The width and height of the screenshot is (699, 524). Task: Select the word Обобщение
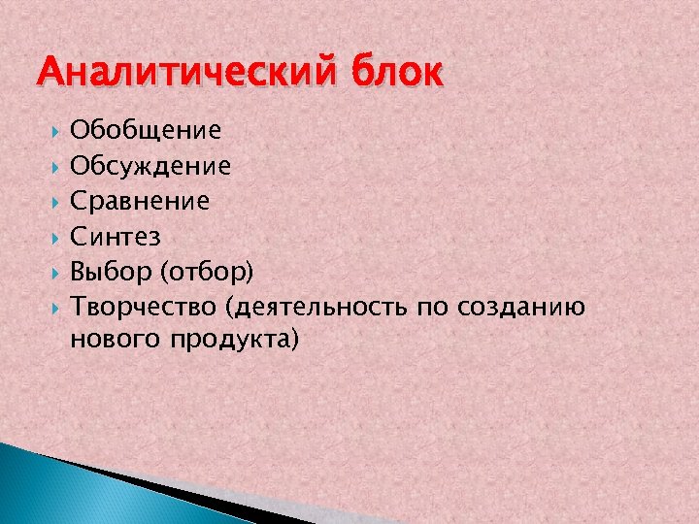(x=146, y=129)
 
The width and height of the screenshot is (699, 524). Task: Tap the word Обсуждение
(x=150, y=166)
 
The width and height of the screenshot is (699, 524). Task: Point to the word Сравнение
(x=140, y=202)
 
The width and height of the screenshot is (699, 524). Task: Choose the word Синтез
(x=116, y=237)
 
